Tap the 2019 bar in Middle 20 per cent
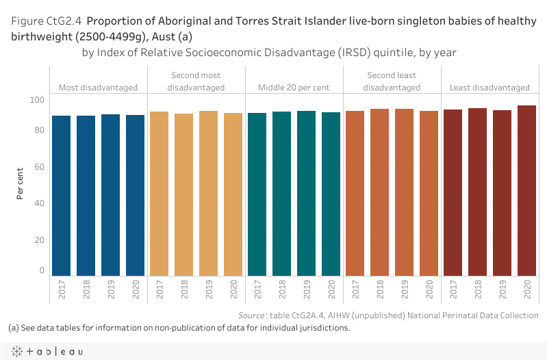(x=307, y=193)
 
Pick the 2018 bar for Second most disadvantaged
(x=183, y=194)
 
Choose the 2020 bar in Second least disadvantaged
(x=429, y=193)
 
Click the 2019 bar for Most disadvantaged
(x=111, y=194)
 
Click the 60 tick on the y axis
(x=40, y=167)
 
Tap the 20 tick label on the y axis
(x=40, y=240)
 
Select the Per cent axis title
(x=21, y=185)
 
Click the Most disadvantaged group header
(x=98, y=88)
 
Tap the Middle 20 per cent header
(x=294, y=88)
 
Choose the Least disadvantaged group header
(x=489, y=88)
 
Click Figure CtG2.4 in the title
(x=53, y=22)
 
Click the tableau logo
(x=47, y=351)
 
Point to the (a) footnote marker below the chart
(x=14, y=328)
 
